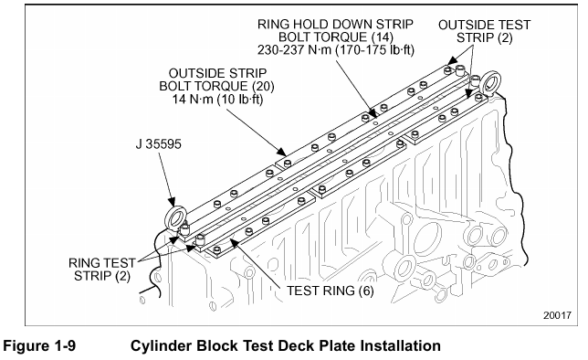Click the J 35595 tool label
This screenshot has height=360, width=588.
pos(158,143)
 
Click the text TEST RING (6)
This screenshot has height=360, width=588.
pos(330,291)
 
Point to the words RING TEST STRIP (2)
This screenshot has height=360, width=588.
pos(102,270)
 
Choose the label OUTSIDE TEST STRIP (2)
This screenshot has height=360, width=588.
pos(484,32)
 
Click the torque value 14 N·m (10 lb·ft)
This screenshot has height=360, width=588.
pos(217,99)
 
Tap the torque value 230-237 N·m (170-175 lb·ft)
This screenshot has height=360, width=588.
pos(336,50)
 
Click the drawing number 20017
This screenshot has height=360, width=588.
pos(557,315)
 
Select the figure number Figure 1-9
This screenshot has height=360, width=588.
pos(39,345)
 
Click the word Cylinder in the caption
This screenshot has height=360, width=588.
pos(161,346)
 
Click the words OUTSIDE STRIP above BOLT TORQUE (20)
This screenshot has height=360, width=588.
pos(217,73)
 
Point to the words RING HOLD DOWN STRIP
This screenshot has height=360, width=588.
pos(335,24)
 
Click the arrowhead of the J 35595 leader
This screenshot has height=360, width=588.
pos(173,202)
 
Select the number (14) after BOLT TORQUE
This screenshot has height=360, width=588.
pos(383,37)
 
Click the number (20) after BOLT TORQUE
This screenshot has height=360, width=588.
pos(263,86)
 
